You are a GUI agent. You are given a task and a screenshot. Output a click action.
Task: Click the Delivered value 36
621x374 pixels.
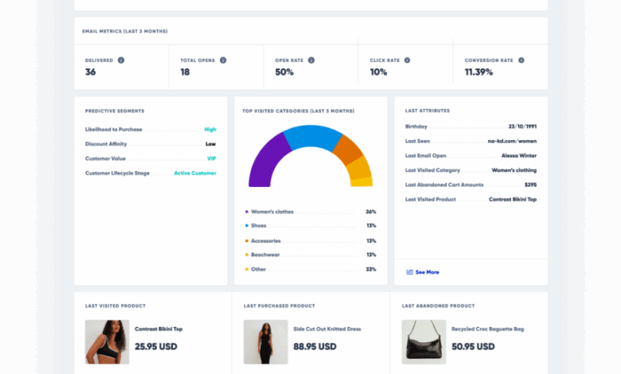pos(91,72)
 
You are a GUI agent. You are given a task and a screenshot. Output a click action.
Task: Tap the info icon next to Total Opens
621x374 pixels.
pos(223,60)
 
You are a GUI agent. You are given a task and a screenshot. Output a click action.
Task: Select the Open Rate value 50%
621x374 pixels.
pos(284,72)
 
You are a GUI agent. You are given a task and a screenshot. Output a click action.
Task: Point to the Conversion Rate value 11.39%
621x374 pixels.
pos(478,72)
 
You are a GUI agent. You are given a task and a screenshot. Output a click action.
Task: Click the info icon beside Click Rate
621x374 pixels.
pos(407,60)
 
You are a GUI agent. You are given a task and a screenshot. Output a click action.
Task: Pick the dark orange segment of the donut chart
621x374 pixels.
pos(347,149)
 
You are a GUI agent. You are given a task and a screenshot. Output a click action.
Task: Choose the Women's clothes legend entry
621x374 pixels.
pos(272,212)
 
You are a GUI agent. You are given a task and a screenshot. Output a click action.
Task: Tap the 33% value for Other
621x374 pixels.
pos(371,269)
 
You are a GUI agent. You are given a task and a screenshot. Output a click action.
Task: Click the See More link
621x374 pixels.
pos(427,272)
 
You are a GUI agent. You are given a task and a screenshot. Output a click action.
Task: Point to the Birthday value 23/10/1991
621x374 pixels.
pos(522,127)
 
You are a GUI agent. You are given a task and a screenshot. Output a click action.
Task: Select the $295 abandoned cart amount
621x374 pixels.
pos(530,185)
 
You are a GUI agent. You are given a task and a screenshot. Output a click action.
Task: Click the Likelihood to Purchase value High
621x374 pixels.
pos(210,129)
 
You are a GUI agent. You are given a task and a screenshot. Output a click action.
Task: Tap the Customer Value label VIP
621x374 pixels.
pos(212,158)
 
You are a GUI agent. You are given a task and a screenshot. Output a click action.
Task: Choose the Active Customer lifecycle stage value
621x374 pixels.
pos(196,173)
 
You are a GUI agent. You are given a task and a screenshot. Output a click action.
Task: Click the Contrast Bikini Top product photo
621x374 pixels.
pos(107,342)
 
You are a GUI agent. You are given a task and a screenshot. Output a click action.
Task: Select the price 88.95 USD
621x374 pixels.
pos(314,347)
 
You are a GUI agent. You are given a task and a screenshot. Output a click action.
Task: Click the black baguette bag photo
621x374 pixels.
pos(423,342)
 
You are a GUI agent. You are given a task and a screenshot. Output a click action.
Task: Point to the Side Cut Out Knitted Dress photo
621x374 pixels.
pos(265,342)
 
